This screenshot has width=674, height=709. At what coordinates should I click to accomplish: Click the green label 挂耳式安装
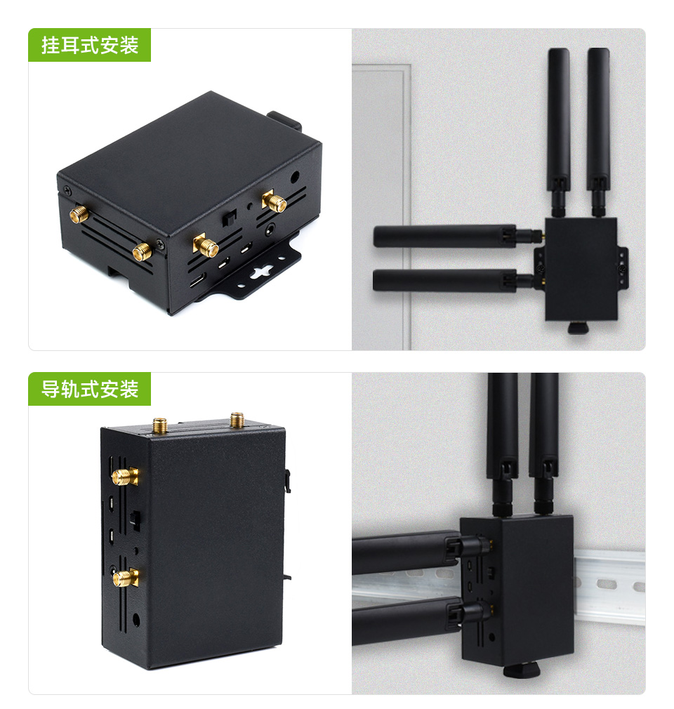click(x=89, y=46)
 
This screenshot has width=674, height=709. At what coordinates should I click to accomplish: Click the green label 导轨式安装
click(x=89, y=389)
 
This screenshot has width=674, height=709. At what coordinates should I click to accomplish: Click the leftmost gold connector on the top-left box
click(x=79, y=213)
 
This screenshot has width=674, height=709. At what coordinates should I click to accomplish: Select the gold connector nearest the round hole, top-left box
click(x=275, y=202)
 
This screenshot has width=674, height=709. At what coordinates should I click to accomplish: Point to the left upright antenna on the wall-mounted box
click(x=559, y=126)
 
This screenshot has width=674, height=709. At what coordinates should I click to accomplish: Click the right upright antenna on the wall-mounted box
click(x=598, y=126)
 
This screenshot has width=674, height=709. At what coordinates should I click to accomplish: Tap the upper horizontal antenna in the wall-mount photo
click(x=449, y=236)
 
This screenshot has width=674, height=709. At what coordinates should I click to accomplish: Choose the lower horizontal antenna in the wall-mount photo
click(x=449, y=280)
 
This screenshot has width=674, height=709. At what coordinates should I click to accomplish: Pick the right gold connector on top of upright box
click(x=236, y=420)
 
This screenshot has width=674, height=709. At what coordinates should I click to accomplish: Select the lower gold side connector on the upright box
click(x=124, y=578)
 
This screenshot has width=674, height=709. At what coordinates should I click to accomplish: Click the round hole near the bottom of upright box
click(x=136, y=619)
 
